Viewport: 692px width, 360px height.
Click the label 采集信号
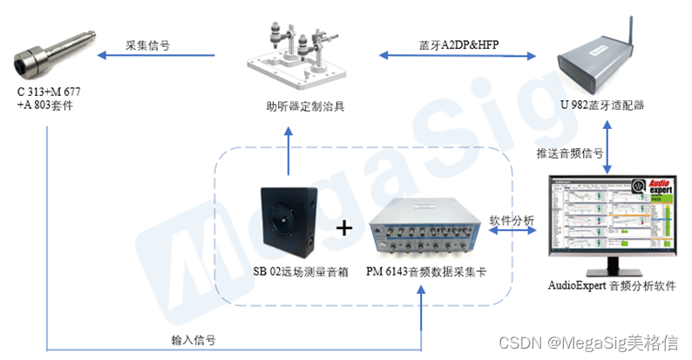(x=146, y=45)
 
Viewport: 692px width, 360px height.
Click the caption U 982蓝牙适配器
(x=601, y=105)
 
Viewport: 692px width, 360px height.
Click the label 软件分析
(x=511, y=220)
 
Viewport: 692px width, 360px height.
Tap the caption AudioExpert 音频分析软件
(x=612, y=285)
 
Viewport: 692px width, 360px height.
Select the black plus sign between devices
(x=345, y=228)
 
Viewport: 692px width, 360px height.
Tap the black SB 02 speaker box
(x=289, y=221)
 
